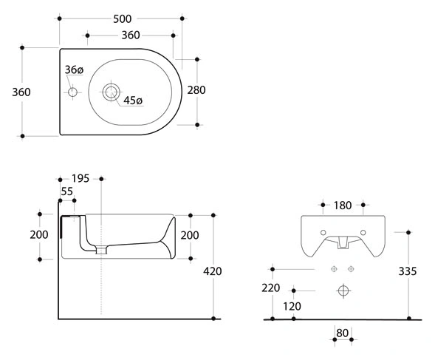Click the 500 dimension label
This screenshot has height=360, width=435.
point(123,19)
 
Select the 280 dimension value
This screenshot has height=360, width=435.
point(196,90)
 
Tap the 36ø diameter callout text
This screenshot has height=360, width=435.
point(74,69)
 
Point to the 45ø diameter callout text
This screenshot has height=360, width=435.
point(133,101)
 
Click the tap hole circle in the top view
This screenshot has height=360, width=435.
point(72,92)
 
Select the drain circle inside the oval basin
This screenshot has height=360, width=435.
point(111,92)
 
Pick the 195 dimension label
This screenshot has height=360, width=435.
point(81,179)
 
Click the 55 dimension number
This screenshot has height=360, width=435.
point(67,191)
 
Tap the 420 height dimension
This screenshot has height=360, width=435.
point(212,271)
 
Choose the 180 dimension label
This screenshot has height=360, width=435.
point(343,206)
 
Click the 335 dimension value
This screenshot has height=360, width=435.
point(408,271)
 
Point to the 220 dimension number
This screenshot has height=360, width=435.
point(270,288)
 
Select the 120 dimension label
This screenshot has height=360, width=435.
point(292,306)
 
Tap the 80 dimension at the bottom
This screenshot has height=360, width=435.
point(342,333)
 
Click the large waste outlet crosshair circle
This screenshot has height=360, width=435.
point(343,291)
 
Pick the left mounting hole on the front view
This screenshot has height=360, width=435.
point(323,233)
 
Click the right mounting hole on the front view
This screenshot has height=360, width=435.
point(363,233)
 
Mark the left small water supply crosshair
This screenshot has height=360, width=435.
point(334,269)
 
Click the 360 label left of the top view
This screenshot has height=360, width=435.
point(21,92)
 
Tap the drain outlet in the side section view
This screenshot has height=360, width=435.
point(101,250)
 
